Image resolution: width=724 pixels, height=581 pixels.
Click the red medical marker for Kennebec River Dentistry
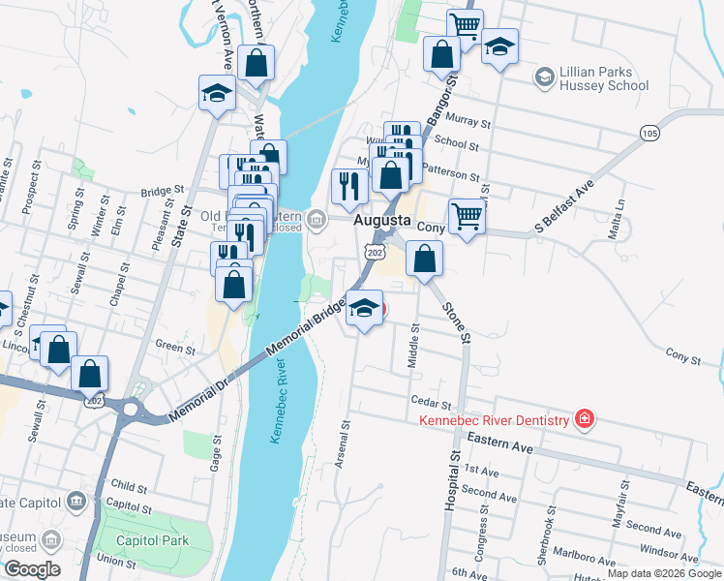coord(584,419)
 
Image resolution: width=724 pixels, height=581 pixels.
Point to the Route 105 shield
coord(649,132)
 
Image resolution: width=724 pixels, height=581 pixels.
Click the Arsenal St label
coord(341,444)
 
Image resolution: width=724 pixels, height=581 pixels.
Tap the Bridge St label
coord(162,191)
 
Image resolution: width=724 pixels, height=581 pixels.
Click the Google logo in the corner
coord(31,569)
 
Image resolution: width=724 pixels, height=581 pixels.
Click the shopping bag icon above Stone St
coord(424,260)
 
